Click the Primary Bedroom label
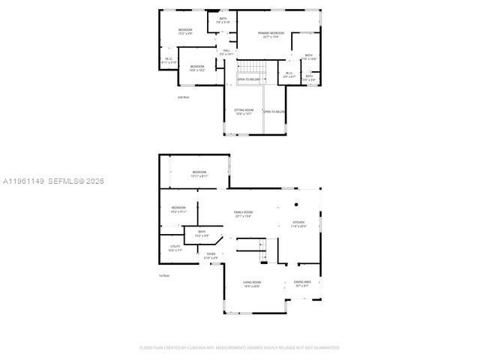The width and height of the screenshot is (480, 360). coord(271,34)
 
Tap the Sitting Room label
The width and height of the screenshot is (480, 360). coord(244,112)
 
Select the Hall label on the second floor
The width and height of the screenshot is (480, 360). coord(226,52)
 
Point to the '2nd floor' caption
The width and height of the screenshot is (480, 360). coord(183,97)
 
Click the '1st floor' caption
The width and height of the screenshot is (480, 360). coord(163,276)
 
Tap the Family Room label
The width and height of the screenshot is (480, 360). coord(243,214)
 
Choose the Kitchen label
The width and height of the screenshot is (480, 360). coord(298,223)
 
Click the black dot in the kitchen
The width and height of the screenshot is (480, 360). coord(295,204)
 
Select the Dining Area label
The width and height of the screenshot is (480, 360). coord(303,284)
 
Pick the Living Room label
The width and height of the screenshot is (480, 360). coord(251,284)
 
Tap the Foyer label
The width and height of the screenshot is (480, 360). coord(211,256)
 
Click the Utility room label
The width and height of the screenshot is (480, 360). coord(175,248)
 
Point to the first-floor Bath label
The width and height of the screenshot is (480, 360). coord(201,234)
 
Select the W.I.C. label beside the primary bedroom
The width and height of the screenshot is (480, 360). coord(289,75)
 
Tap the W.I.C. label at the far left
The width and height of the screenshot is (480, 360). coord(169,61)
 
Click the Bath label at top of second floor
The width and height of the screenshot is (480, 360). coord(223,20)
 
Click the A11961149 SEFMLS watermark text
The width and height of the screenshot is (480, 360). coord(53,181)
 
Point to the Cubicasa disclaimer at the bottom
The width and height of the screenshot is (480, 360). coord(239,347)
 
